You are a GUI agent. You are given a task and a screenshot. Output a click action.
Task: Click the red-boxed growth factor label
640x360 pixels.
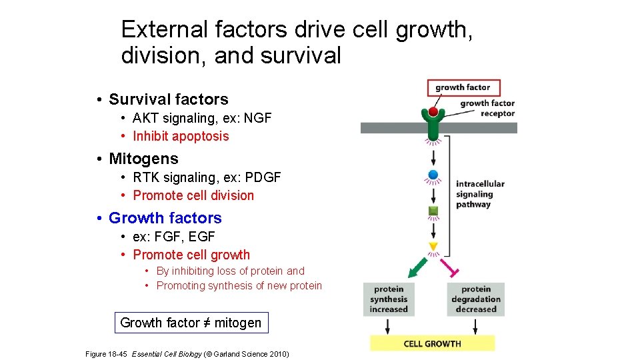tap(463, 87)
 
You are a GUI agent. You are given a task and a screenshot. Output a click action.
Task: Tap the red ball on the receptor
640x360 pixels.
tap(433, 112)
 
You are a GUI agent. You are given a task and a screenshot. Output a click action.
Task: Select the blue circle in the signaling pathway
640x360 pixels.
tap(433, 175)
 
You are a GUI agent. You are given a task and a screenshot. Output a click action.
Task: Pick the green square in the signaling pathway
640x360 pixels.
tap(433, 212)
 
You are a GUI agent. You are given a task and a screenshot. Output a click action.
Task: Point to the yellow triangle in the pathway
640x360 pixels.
tap(433, 246)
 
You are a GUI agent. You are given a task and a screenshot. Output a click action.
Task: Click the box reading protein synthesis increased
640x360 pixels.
tap(389, 299)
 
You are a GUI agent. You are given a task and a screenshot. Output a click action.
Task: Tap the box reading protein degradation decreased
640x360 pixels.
tap(475, 299)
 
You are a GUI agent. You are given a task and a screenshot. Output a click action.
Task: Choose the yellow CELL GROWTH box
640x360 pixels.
tap(432, 343)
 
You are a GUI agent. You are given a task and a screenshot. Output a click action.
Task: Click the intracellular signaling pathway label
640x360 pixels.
tap(480, 194)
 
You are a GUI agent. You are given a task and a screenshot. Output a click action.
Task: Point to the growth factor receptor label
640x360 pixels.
tap(488, 108)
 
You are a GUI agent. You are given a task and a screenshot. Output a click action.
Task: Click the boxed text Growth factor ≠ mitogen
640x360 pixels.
tap(191, 323)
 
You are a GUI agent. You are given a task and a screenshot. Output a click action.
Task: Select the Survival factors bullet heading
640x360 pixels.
tap(168, 99)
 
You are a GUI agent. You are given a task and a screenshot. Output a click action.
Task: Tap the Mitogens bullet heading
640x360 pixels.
tap(143, 159)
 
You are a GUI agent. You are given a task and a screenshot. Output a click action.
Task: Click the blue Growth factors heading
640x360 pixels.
tap(165, 218)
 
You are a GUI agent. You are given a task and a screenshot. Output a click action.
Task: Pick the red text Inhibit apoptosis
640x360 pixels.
tap(181, 136)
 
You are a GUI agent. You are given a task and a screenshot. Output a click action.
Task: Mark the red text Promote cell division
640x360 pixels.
tap(193, 195)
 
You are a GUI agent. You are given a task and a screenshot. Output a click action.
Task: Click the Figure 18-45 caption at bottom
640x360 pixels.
tap(187, 353)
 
